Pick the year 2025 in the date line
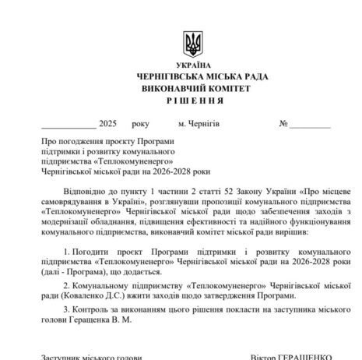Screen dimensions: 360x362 (x=107, y=124)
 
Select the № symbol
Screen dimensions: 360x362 (x=283, y=124)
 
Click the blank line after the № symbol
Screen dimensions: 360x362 (x=311, y=125)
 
